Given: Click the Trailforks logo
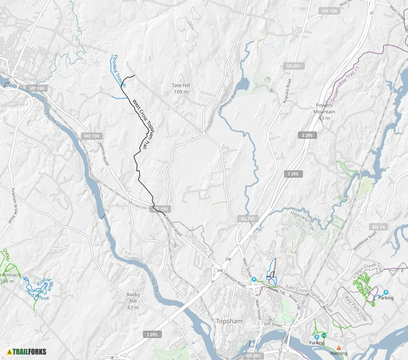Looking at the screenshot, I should tap(27, 352).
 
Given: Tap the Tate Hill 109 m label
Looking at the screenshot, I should tap(180, 89).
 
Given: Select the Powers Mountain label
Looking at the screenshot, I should tap(324, 108).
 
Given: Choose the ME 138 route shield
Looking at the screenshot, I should tap(329, 11).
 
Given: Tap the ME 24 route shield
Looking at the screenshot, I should tap(377, 227).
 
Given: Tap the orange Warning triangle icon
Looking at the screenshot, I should tap(339, 348).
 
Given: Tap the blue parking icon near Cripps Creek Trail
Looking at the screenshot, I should tap(385, 292).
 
